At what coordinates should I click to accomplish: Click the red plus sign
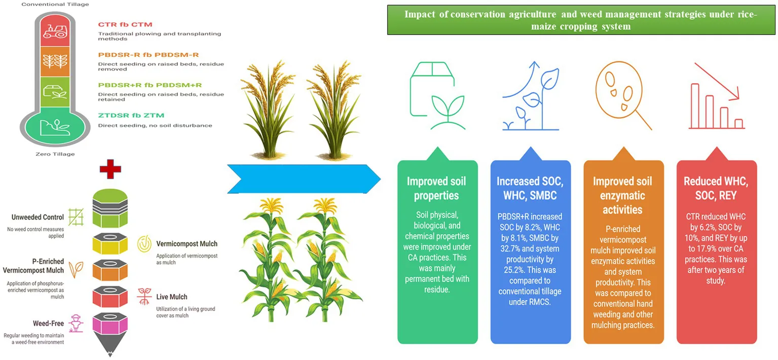point(110,169)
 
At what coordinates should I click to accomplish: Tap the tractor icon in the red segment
point(55,31)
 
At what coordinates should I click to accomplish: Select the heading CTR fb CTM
point(125,25)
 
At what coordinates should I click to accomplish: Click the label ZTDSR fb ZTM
point(131,116)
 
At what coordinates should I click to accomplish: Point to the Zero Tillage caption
point(55,154)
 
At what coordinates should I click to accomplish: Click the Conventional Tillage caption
point(55,4)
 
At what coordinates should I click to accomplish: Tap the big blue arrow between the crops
point(304,179)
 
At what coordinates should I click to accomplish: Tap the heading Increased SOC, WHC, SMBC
point(530,188)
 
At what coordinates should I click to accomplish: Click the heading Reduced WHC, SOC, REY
point(716,188)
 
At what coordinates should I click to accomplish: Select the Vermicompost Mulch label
point(187,244)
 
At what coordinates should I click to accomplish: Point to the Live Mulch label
point(172,297)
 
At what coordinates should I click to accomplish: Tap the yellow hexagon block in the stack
point(110,243)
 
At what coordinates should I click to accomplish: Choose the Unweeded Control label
point(38,217)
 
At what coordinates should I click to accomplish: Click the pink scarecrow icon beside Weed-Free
point(76,323)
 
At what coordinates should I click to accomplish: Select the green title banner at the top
point(581,20)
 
